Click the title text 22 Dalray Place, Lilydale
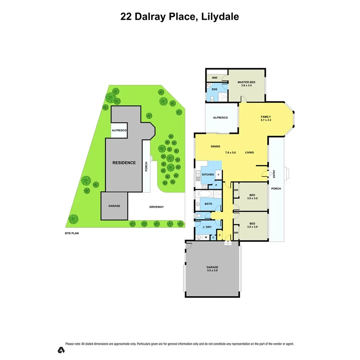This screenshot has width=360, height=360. (180, 17)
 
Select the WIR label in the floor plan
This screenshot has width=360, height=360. (214, 78)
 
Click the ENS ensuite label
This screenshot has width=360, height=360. (214, 89)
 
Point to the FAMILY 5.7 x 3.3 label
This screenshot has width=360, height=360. (265, 119)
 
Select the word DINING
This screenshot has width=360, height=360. (215, 146)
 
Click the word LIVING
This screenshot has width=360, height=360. (249, 153)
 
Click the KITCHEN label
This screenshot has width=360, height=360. (208, 175)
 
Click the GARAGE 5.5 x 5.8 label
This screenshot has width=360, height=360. (212, 269)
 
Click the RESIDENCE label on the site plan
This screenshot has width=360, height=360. (124, 163)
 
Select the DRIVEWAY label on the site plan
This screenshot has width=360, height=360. (156, 207)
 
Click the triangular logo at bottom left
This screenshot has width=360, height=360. (61, 350)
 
